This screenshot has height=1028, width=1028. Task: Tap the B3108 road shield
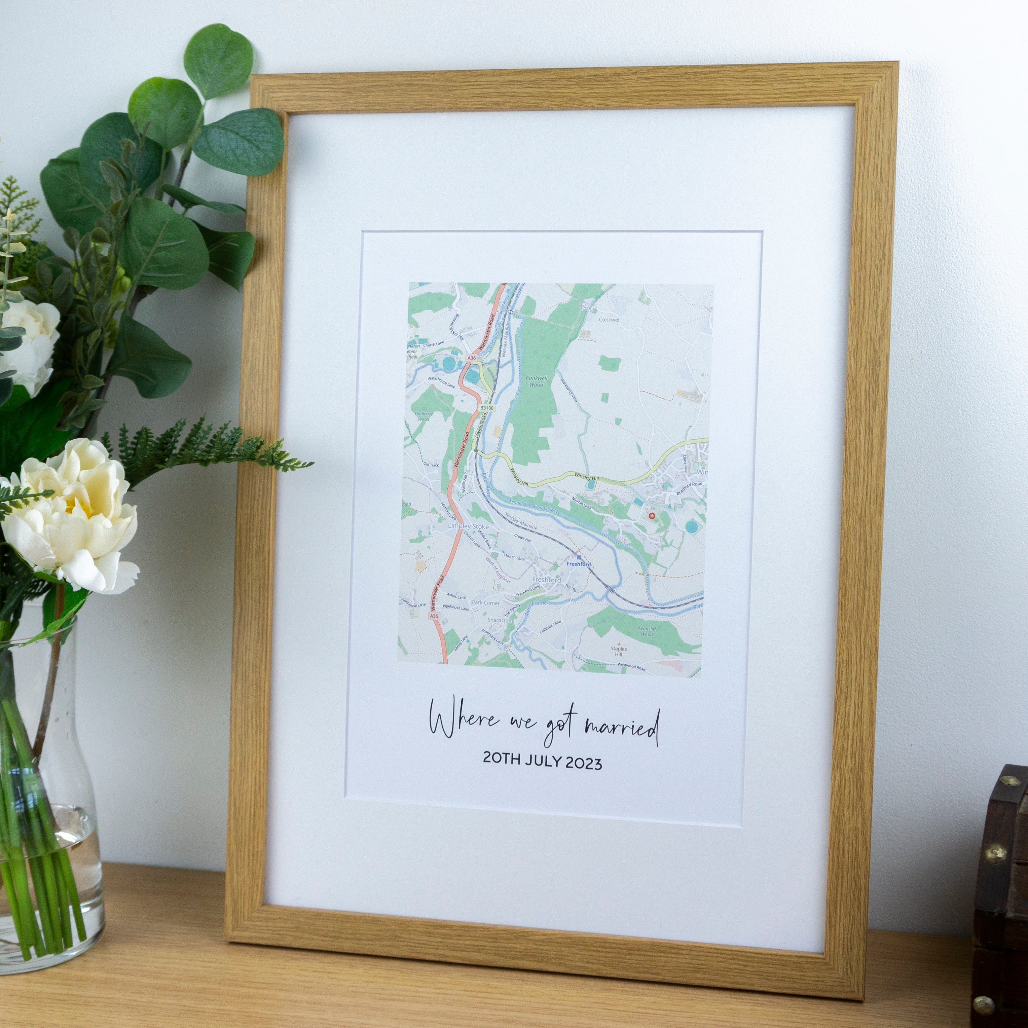487,408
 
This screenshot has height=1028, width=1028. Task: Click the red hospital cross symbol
652,516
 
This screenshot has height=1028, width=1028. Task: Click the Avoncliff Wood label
647,631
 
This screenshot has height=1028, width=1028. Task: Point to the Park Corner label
486,603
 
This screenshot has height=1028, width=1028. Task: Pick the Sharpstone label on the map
501,620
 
